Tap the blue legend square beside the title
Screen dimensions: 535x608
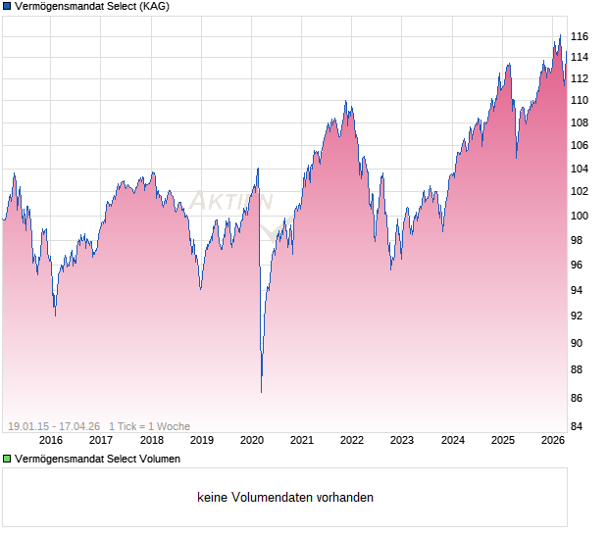point(7,7)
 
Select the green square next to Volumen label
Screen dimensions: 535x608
point(7,459)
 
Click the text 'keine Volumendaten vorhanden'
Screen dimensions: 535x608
point(285,498)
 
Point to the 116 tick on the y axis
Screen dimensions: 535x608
point(579,36)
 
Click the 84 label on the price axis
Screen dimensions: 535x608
point(579,426)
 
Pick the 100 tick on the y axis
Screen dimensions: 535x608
point(579,216)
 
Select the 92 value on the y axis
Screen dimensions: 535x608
point(579,316)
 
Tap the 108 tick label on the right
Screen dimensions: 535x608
point(579,122)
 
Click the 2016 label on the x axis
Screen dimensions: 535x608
point(50,441)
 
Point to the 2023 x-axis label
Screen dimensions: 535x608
point(402,441)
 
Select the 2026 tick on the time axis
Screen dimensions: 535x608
point(553,441)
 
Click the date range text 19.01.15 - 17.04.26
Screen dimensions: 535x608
point(54,426)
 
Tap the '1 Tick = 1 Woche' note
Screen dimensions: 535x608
point(149,426)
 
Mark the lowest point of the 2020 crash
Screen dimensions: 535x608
point(261,392)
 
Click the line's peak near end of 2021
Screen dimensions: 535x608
point(345,101)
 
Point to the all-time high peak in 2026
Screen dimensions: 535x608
point(560,35)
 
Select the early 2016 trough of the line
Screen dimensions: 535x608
point(54,316)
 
